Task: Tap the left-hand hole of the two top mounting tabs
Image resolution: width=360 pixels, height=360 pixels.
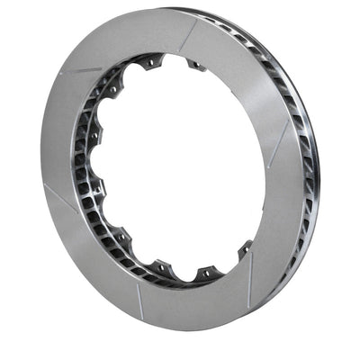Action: coord(151,62)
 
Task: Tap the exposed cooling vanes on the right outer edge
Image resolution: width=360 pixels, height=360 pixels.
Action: coord(301,135)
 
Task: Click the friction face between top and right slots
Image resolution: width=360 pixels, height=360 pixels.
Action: coord(256,72)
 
